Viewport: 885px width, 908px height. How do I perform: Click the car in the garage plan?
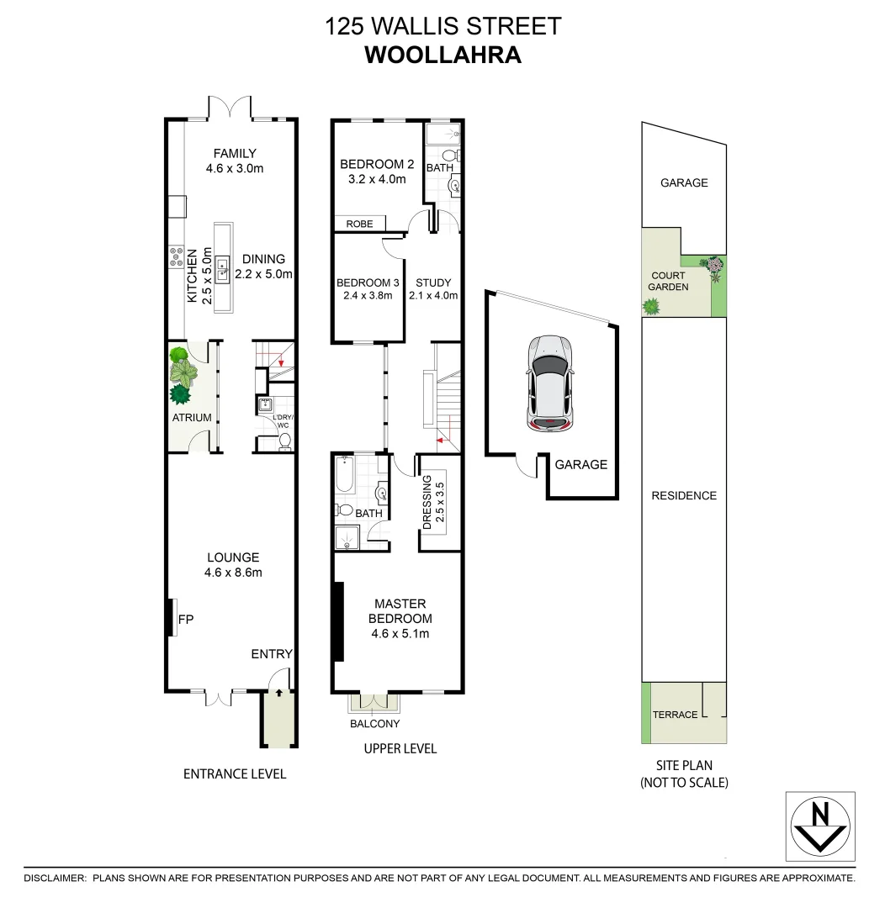tap(548, 383)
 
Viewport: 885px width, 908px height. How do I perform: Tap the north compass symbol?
tap(819, 826)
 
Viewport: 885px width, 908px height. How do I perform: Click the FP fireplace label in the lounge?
tap(187, 620)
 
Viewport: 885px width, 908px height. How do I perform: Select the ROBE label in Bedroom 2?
tap(358, 224)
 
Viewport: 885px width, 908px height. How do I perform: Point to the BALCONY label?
tap(374, 724)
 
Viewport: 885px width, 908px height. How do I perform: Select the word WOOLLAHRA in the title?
tap(442, 55)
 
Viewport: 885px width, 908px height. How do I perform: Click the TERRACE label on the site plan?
tap(675, 715)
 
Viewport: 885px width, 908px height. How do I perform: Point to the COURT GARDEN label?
tap(669, 281)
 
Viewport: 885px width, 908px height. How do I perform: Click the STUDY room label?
tap(433, 283)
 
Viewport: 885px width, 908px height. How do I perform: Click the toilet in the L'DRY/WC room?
tap(284, 440)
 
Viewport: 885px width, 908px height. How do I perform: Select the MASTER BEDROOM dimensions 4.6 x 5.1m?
tap(400, 634)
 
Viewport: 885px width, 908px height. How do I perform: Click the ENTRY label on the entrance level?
tap(271, 654)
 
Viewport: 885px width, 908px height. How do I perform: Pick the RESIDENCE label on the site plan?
tap(684, 496)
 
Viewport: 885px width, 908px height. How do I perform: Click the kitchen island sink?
tap(224, 269)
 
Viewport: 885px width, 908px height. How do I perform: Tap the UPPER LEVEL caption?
tap(400, 748)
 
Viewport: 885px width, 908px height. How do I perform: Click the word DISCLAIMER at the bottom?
tap(55, 878)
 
